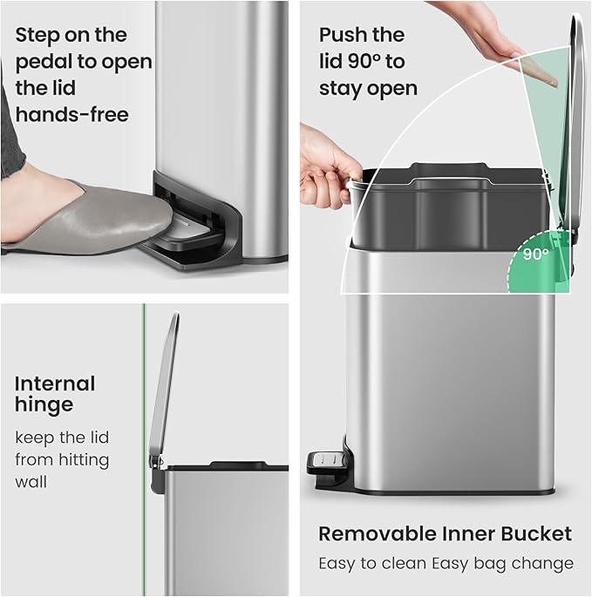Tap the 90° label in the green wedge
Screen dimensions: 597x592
click(x=536, y=254)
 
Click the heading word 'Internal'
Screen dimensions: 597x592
click(x=55, y=383)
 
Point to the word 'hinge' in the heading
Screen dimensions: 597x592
click(x=44, y=404)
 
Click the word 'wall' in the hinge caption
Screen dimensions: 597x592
click(x=31, y=482)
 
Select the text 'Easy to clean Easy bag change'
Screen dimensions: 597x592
click(x=445, y=563)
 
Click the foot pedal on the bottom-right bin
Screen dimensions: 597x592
click(x=324, y=465)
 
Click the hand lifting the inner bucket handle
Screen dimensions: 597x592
click(x=326, y=165)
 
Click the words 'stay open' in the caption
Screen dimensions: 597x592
click(x=367, y=88)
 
